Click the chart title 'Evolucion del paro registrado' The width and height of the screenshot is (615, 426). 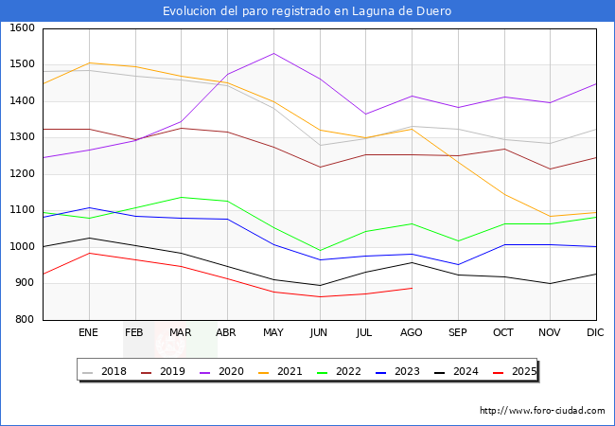pyautogui.click(x=307, y=11)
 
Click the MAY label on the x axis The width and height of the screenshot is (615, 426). pyautogui.click(x=273, y=332)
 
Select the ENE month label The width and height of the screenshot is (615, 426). pyautogui.click(x=89, y=332)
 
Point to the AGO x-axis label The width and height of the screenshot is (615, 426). pyautogui.click(x=412, y=332)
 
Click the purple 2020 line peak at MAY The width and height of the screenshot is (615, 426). pyautogui.click(x=273, y=53)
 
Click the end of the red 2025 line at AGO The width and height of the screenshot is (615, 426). pyautogui.click(x=412, y=288)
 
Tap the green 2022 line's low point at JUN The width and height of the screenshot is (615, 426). pyautogui.click(x=320, y=251)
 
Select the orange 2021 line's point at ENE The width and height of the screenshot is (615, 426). pyautogui.click(x=89, y=63)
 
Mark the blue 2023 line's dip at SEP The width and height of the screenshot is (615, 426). pyautogui.click(x=458, y=265)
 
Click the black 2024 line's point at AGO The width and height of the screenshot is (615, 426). pyautogui.click(x=412, y=262)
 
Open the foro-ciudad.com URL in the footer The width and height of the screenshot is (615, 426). pyautogui.click(x=542, y=411)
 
